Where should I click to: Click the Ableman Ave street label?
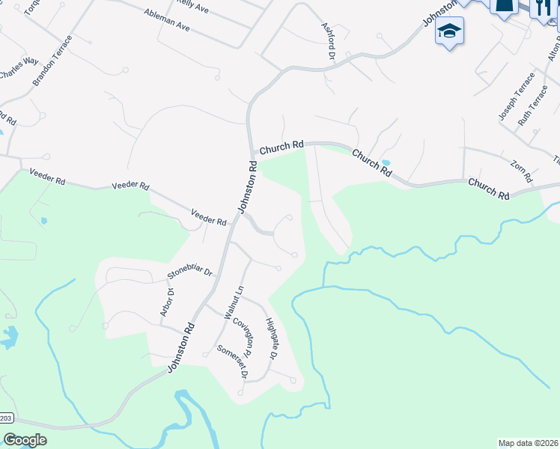(162, 23)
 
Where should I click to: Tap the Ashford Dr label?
(326, 40)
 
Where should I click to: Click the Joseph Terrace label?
(517, 97)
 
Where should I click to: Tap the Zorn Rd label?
(521, 172)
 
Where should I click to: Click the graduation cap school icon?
(449, 31)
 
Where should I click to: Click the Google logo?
(25, 440)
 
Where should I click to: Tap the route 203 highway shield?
(6, 418)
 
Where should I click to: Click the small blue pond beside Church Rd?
(386, 162)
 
